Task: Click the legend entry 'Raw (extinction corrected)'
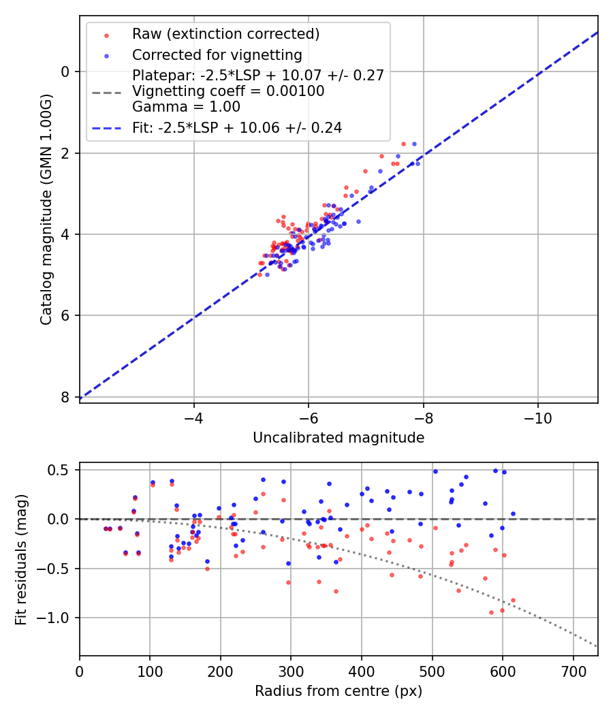(x=225, y=34)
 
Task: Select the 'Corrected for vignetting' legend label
(x=217, y=54)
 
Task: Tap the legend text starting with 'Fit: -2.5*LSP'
(x=236, y=127)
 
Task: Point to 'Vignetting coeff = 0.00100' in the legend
(x=228, y=91)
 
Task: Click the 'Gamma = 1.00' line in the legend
(x=186, y=107)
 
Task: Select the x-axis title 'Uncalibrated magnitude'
(x=339, y=438)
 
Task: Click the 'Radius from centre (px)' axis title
(x=339, y=691)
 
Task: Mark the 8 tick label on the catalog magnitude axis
(x=65, y=397)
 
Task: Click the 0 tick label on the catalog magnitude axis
(x=65, y=71)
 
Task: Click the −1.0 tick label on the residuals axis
(x=57, y=618)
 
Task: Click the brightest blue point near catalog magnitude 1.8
(x=413, y=144)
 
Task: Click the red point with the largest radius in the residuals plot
(x=513, y=600)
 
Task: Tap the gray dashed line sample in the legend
(x=106, y=91)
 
